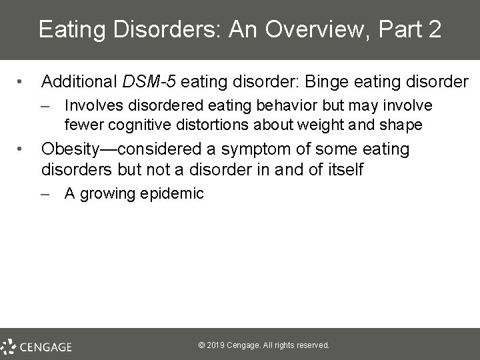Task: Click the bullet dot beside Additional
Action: pyautogui.click(x=23, y=83)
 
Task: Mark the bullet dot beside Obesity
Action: pyautogui.click(x=23, y=149)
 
